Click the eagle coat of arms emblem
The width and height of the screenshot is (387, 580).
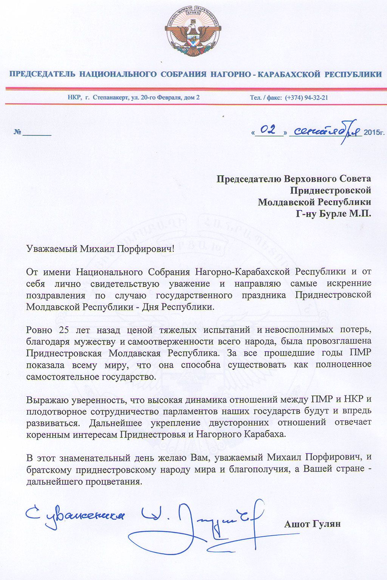coord(193,31)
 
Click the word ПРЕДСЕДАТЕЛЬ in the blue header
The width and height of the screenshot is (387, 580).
coord(42,74)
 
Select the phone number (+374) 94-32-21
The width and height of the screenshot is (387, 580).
coord(307,97)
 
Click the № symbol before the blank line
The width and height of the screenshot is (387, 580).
coord(17,133)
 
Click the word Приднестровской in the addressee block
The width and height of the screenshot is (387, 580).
coord(330,190)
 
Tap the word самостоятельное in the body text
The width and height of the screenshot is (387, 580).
coord(62,377)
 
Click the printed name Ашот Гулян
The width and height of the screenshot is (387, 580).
coord(312,524)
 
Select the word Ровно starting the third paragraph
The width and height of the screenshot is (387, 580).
coord(39,330)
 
